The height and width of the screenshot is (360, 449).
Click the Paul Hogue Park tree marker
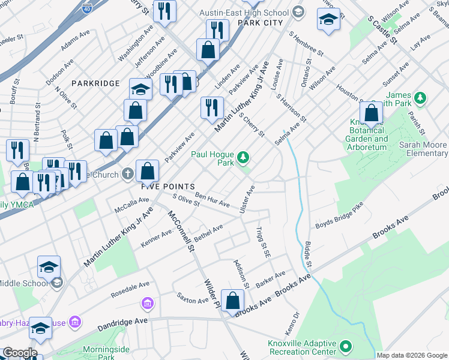click(x=243, y=158)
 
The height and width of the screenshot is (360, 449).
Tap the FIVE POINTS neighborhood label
click(x=167, y=187)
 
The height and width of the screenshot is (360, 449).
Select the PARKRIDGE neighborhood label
click(x=95, y=83)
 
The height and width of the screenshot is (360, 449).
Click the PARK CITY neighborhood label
click(x=260, y=23)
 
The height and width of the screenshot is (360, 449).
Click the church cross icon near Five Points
click(x=127, y=174)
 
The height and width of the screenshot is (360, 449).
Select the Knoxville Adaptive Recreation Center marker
click(x=345, y=346)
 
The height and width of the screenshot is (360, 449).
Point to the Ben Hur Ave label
click(x=212, y=200)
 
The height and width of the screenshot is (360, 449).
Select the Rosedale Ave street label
click(x=130, y=290)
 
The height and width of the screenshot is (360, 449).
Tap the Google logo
click(x=19, y=353)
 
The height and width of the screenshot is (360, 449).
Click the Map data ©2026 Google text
click(x=412, y=355)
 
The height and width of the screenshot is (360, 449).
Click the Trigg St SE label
click(x=261, y=242)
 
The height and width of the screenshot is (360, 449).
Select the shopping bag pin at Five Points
click(x=147, y=171)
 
